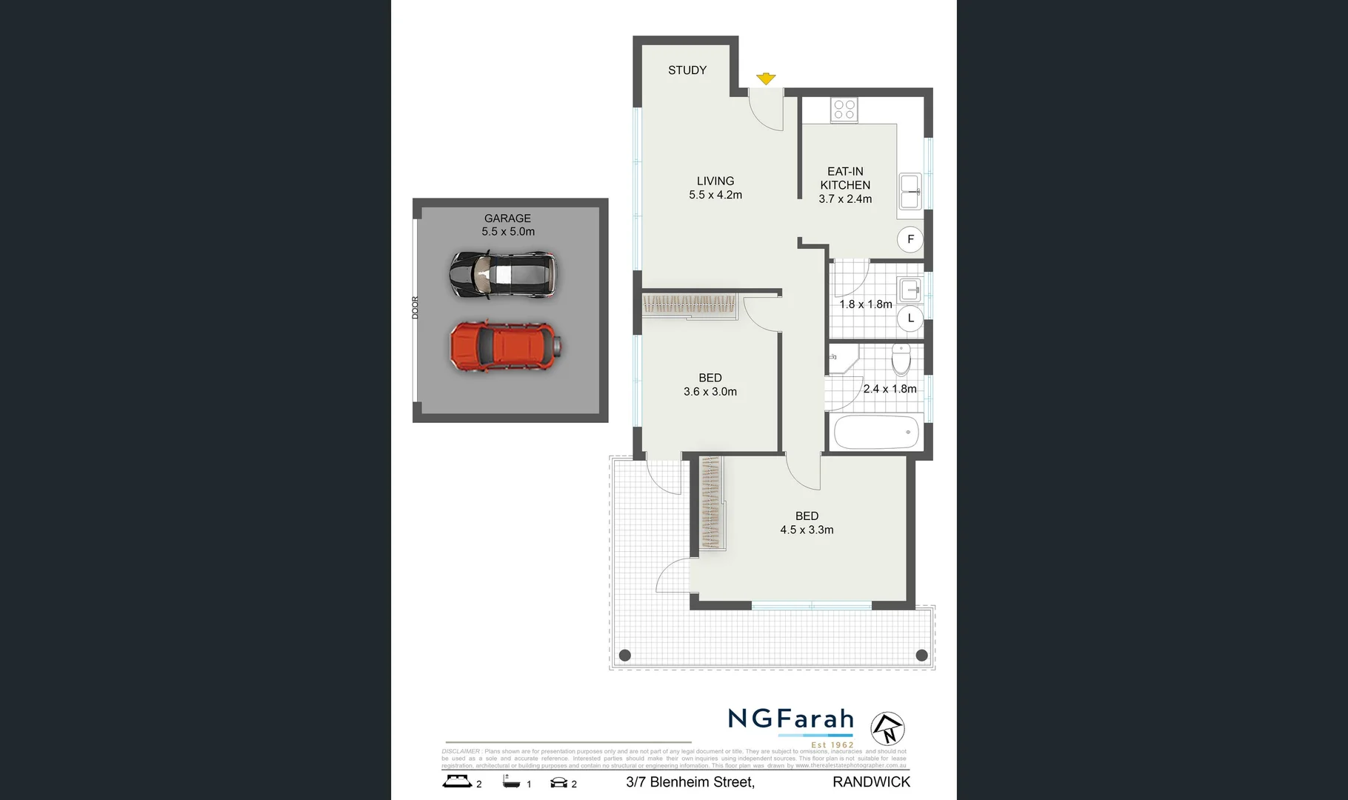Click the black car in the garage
coord(503,275)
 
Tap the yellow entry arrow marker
coord(766,79)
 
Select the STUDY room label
coord(687,70)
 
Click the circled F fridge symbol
coord(910,239)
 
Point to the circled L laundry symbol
coord(910,319)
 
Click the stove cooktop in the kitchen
coord(844,110)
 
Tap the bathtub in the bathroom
coord(876,433)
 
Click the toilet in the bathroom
coord(901,360)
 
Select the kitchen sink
coord(910,192)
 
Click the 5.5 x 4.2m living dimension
coord(715,195)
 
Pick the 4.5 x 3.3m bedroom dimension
coord(807,530)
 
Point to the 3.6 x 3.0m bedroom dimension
coord(710,392)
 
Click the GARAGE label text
coord(507,219)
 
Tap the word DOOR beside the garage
coord(416,307)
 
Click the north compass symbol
coord(887,728)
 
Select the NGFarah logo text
coord(791,719)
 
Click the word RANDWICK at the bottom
coord(871,782)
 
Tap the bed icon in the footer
coord(457,781)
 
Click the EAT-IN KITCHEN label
coord(845,178)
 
